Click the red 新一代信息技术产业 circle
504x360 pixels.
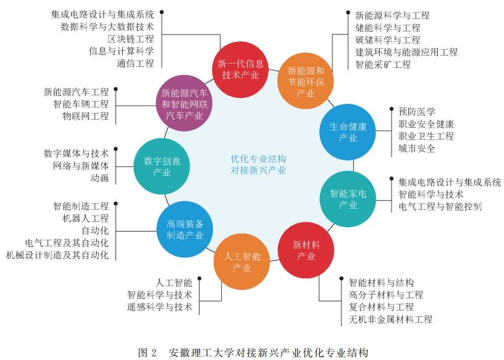click(x=240, y=69)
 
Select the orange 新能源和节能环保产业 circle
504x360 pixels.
click(x=305, y=81)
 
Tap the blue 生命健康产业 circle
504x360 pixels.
click(x=348, y=132)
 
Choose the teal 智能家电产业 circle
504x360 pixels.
click(x=348, y=199)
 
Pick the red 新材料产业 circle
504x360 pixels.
click(x=306, y=250)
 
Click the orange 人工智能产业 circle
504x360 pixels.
click(x=241, y=262)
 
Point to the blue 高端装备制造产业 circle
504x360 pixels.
click(x=185, y=230)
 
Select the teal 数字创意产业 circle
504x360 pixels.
click(x=162, y=166)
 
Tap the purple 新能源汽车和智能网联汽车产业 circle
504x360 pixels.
click(x=185, y=103)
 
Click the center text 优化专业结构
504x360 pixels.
click(x=258, y=159)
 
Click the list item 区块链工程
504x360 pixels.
click(x=131, y=39)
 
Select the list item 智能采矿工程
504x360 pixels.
click(x=383, y=64)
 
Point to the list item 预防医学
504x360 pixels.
click(x=417, y=112)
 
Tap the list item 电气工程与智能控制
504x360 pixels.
click(x=440, y=206)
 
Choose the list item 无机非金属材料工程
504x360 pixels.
click(x=390, y=319)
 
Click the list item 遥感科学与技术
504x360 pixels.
click(x=159, y=307)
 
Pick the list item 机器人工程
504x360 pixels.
click(x=85, y=218)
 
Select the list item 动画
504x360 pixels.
click(x=99, y=178)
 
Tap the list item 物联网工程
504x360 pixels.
click(x=85, y=116)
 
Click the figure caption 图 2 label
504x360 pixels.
click(x=147, y=353)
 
